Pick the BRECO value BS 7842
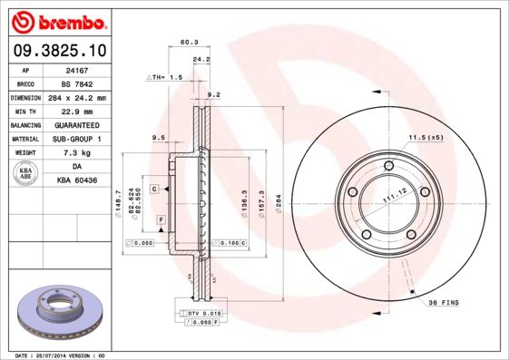(x=76, y=83)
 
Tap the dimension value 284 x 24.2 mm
(x=76, y=97)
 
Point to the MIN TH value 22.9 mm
(x=76, y=111)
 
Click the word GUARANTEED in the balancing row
(x=76, y=124)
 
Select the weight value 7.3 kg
(x=76, y=152)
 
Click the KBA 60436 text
(x=76, y=181)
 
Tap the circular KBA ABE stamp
(x=26, y=174)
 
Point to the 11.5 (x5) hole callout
(x=425, y=137)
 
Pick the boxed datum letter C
(x=154, y=188)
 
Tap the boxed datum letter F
(x=160, y=219)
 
